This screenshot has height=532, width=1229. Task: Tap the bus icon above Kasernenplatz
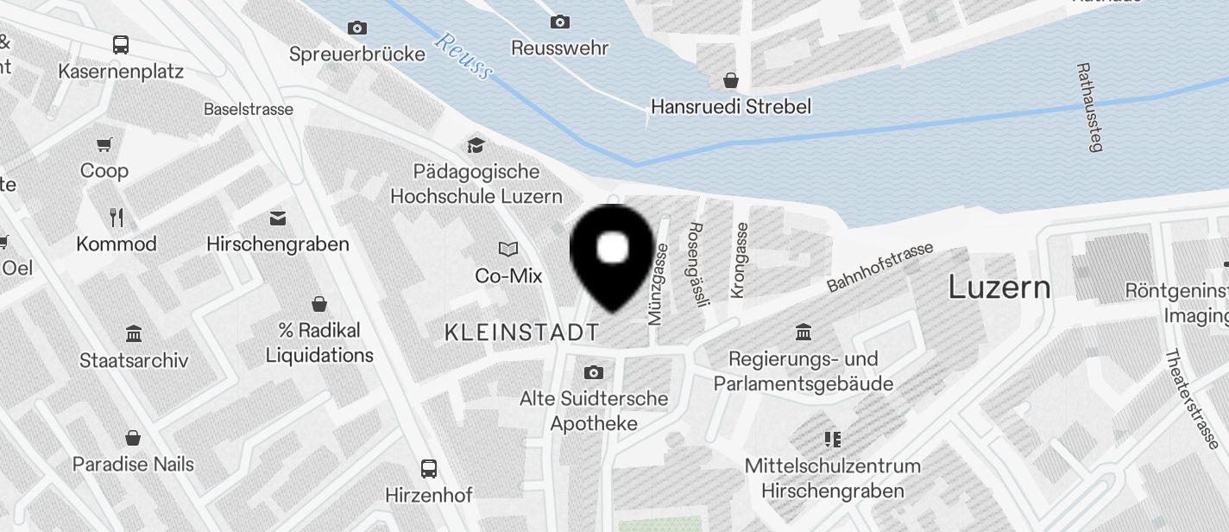pyautogui.click(x=121, y=44)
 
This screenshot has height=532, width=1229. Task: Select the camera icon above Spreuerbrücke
pyautogui.click(x=356, y=28)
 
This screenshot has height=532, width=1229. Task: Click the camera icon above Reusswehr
pyautogui.click(x=559, y=22)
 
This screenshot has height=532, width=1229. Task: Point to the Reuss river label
pyautogui.click(x=463, y=55)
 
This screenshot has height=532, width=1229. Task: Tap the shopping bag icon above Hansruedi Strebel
pyautogui.click(x=731, y=80)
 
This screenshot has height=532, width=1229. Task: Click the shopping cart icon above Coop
pyautogui.click(x=104, y=144)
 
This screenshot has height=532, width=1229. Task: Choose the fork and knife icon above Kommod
pyautogui.click(x=117, y=217)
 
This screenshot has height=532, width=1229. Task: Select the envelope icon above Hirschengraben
pyautogui.click(x=278, y=218)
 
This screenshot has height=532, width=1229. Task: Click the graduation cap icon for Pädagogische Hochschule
pyautogui.click(x=476, y=144)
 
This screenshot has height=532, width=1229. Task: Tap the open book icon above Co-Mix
pyautogui.click(x=508, y=250)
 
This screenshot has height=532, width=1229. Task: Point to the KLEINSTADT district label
pyautogui.click(x=521, y=332)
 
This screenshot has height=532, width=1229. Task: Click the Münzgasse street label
pyautogui.click(x=658, y=283)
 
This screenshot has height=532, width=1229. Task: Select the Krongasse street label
pyautogui.click(x=740, y=260)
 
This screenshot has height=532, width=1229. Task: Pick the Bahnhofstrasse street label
pyautogui.click(x=879, y=266)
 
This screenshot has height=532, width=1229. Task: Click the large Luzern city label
pyautogui.click(x=999, y=287)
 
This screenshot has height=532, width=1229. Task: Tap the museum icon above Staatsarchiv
pyautogui.click(x=134, y=333)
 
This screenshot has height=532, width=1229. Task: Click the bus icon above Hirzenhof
pyautogui.click(x=429, y=469)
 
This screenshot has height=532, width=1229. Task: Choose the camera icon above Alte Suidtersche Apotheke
pyautogui.click(x=593, y=372)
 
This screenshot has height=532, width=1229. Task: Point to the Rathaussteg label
pyautogui.click(x=1090, y=106)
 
